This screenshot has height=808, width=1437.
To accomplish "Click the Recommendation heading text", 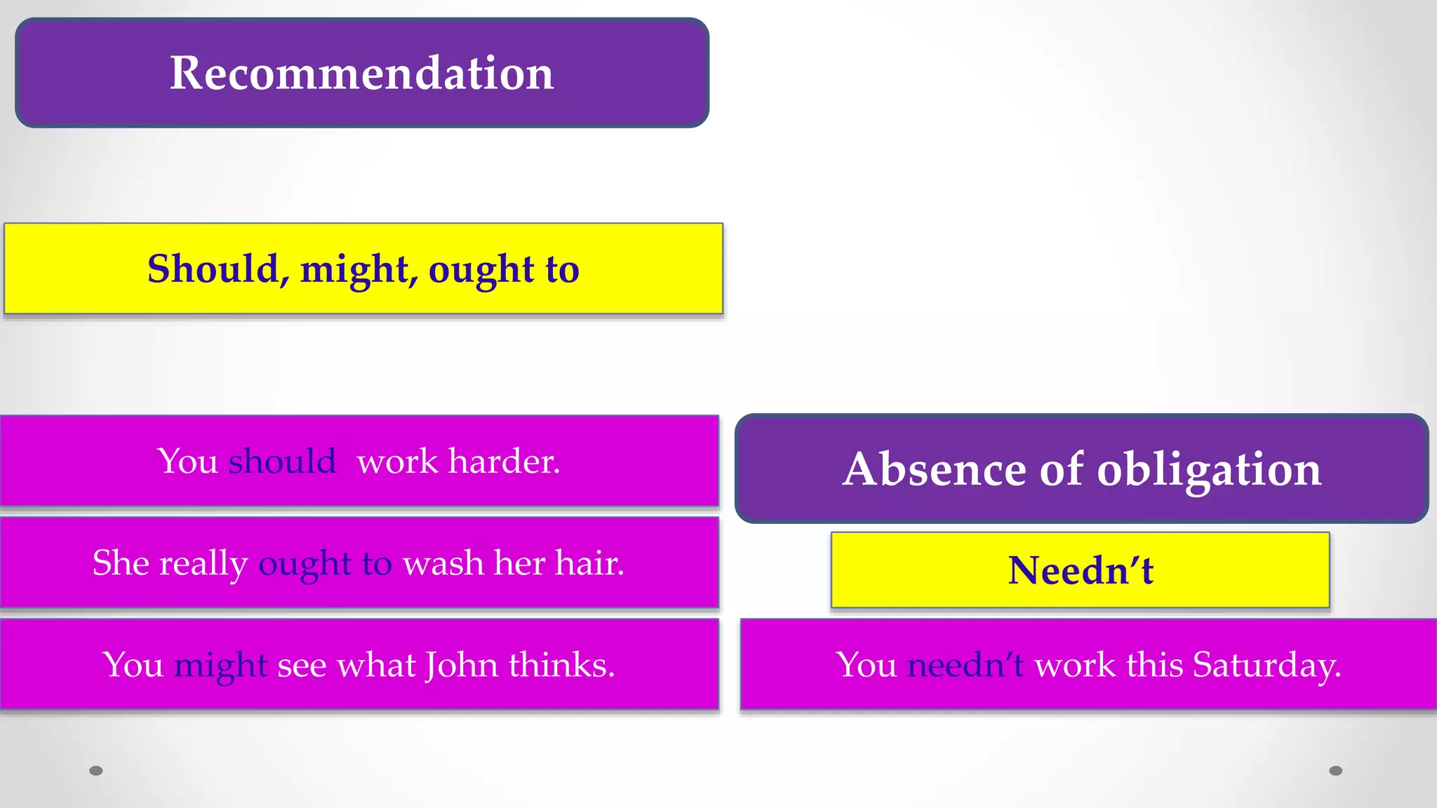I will click(x=361, y=73).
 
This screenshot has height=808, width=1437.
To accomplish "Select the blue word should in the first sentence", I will click(x=282, y=462).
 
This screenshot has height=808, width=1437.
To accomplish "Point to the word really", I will click(x=203, y=564).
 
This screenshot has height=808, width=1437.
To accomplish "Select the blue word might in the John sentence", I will click(x=220, y=666).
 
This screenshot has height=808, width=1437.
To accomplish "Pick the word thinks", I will click(x=561, y=665).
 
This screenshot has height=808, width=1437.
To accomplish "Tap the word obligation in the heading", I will click(x=1209, y=470).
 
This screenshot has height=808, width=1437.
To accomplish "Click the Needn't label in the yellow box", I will click(x=1081, y=570).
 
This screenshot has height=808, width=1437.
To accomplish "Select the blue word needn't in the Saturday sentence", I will click(x=965, y=665).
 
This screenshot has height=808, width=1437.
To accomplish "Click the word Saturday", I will click(x=1266, y=665).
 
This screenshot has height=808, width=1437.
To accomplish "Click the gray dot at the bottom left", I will click(x=96, y=771).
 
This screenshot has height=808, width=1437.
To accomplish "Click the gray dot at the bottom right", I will click(x=1336, y=771).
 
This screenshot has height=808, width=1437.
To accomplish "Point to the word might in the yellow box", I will click(x=355, y=270).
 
